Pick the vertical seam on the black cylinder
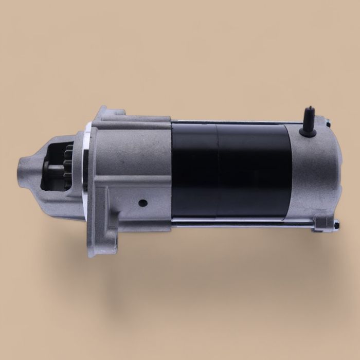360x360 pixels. coord(217,170)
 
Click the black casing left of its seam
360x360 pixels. coord(194,170)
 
